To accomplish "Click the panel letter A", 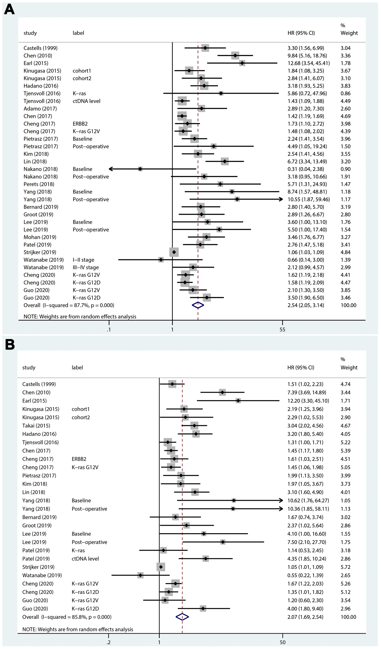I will [9, 10].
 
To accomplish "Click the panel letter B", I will [9, 344].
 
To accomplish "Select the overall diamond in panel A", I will [198, 305].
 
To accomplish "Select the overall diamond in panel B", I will [182, 617].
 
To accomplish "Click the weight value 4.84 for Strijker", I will [345, 252].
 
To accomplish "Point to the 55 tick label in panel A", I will [282, 330].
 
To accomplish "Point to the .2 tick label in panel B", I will [108, 643].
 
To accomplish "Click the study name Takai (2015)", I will [36, 425].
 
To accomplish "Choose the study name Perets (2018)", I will [39, 184].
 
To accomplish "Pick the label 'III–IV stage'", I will [86, 267].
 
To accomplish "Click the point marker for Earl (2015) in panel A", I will [242, 63].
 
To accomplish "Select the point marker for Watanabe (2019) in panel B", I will [140, 575].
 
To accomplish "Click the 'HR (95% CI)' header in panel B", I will [301, 367].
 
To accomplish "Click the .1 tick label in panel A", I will [109, 330].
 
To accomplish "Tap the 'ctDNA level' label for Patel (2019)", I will [85, 558].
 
